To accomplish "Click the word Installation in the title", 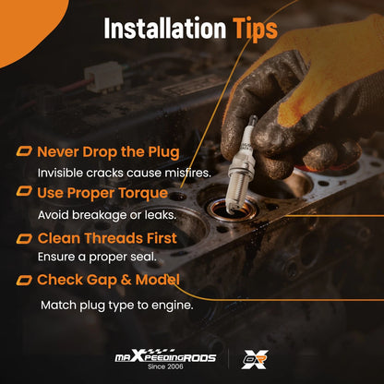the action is (165, 29).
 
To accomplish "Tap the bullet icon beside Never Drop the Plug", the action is (24, 151).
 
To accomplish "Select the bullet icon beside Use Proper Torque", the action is (24, 191).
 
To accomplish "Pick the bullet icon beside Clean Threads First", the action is (24, 238).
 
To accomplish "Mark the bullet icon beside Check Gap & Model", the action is (24, 281).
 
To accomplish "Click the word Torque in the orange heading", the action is (143, 194).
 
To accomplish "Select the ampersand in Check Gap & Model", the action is (126, 280).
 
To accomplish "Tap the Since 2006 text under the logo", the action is (165, 366).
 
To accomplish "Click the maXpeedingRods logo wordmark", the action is (165, 356).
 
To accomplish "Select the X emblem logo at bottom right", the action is (255, 359).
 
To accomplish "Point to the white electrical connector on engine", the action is (103, 78).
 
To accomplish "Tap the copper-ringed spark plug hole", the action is (233, 209).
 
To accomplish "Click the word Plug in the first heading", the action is (163, 153).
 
